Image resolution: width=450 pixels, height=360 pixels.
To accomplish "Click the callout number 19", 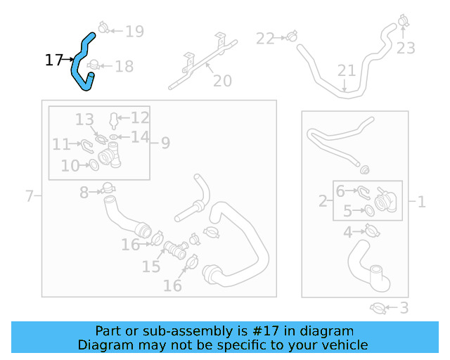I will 134,31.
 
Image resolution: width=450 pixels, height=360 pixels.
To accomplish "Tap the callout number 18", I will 124,67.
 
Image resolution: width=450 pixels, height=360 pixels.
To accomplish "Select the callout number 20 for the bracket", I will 222,82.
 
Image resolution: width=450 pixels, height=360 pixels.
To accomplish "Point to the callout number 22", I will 265,38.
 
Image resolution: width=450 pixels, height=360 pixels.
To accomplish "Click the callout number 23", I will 406,48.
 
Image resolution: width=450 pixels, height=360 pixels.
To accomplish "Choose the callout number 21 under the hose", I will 347,71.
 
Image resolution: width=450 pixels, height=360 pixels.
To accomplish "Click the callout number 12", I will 140,117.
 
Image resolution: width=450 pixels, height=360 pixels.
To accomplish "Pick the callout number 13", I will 84,119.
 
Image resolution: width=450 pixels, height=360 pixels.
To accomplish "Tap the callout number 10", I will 70,166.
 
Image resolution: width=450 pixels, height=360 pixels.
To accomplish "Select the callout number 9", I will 165,143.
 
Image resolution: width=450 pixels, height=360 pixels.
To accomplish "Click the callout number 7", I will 30,195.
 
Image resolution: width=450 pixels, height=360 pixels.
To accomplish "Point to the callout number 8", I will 84,191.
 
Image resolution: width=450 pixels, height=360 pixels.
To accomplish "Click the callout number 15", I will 151,266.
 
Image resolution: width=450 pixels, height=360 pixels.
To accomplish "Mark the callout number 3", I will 404,308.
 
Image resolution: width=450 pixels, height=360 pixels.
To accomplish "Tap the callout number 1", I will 421,202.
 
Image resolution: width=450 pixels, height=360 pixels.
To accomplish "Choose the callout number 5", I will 347,211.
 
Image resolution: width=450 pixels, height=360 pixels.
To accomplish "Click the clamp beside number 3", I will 377,307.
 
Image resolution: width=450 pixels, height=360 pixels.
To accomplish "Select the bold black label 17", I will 54,60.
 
